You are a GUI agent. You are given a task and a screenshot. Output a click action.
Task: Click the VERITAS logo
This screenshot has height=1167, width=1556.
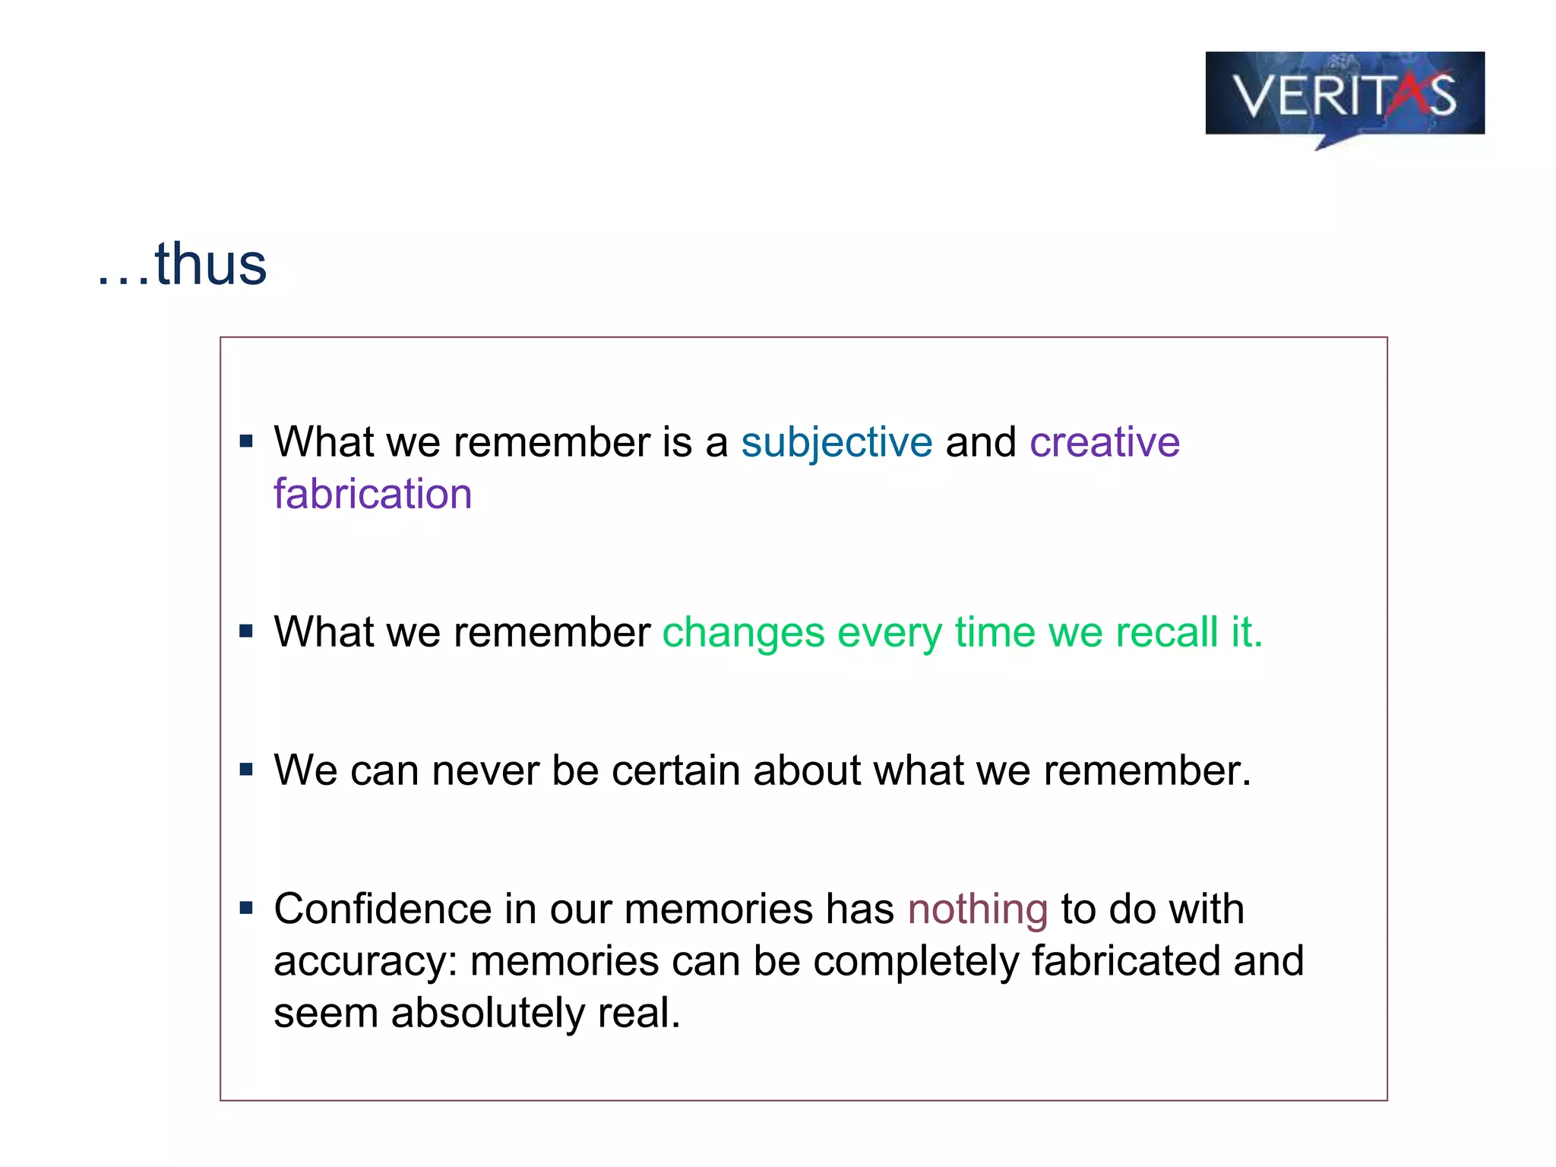(1344, 95)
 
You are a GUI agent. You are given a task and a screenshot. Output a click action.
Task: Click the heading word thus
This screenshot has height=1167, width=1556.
(210, 264)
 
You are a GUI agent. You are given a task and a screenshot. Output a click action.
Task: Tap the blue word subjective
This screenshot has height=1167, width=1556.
(837, 442)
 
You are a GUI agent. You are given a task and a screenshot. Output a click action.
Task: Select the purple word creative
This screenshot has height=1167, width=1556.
(1104, 442)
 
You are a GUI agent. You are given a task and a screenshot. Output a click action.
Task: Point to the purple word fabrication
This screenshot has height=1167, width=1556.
(372, 495)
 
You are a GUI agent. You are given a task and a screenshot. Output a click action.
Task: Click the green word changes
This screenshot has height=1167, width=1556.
(743, 633)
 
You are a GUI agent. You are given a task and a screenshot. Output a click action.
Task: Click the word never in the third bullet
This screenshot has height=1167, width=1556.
(485, 770)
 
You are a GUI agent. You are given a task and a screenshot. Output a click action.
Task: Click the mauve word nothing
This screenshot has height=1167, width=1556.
(978, 909)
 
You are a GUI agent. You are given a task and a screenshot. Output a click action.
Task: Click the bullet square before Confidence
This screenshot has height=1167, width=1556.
(245, 908)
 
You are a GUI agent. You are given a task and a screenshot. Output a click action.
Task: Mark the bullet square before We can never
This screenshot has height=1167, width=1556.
(245, 770)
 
